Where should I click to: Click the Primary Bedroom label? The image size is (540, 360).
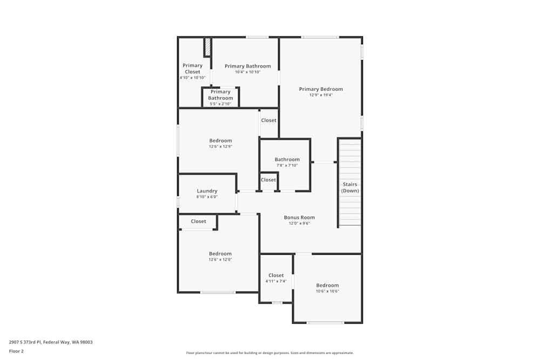tap(321, 89)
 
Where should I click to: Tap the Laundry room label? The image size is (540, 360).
tap(207, 191)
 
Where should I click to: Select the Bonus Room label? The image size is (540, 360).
tap(299, 218)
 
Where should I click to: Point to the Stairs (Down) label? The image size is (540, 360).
tap(350, 187)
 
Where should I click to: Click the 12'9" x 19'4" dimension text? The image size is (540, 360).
tap(321, 95)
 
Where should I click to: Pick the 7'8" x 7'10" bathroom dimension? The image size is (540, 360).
tap(287, 165)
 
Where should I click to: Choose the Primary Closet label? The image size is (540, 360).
tap(192, 69)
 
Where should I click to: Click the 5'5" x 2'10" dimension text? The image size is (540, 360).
tap(220, 104)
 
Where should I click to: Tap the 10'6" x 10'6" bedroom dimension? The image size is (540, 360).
tap(327, 291)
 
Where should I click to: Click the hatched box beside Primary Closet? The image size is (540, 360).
tap(207, 47)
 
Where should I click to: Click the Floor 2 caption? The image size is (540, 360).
tap(16, 351)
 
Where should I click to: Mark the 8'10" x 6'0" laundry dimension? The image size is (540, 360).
tap(207, 196)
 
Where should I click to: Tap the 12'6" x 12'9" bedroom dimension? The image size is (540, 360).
tap(220, 146)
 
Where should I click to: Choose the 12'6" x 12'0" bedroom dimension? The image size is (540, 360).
tap(220, 260)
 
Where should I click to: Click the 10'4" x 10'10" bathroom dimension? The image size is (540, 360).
tap(247, 72)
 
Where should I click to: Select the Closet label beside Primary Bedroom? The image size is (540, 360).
tap(268, 120)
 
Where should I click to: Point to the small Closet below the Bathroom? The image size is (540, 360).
tap(268, 180)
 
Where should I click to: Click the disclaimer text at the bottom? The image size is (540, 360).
tap(270, 353)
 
